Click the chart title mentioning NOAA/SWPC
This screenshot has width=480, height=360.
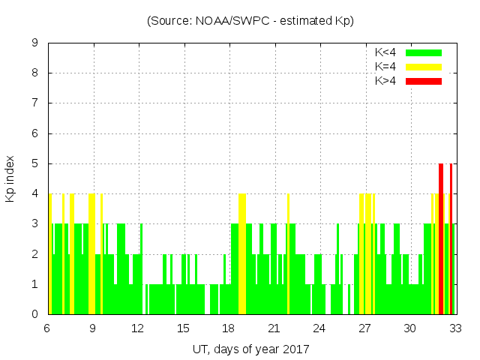click(250, 21)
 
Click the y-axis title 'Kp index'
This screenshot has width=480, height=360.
click(10, 178)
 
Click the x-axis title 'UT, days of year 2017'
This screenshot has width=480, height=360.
click(250, 349)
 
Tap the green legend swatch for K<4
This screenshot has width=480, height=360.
click(424, 52)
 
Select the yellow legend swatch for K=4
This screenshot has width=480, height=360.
click(424, 67)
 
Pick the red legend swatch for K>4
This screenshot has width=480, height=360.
click(424, 81)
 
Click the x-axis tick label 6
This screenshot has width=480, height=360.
click(47, 328)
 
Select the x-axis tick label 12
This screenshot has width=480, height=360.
click(138, 328)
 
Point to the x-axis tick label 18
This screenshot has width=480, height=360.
click(229, 328)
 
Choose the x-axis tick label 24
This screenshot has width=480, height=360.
click(319, 328)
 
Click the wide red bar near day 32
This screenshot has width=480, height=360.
click(441, 240)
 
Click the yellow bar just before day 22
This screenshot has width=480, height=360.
click(288, 255)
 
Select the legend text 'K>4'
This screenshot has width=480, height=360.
click(385, 81)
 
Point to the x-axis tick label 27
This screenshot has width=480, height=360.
click(364, 328)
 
